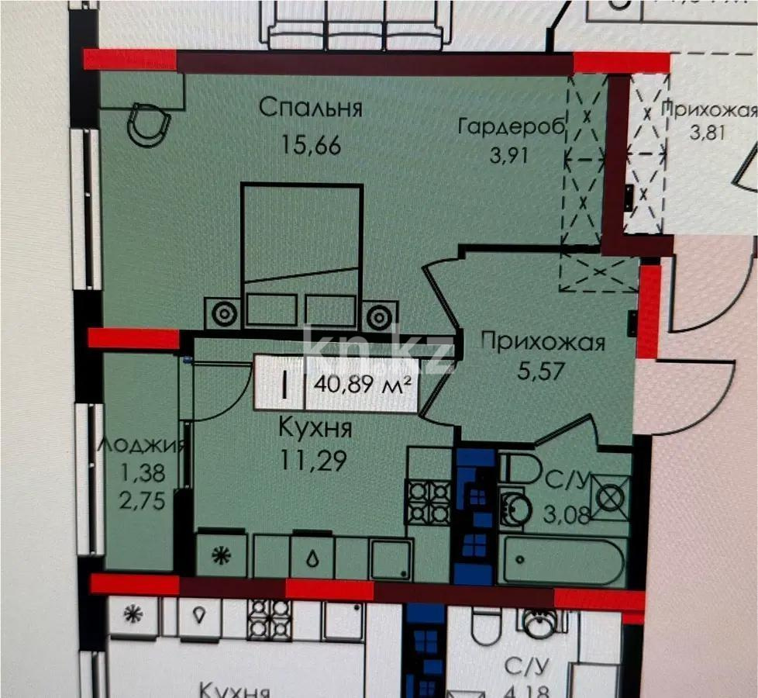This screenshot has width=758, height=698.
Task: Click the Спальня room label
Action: (310, 107)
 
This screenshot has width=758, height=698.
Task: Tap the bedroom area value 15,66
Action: (310, 145)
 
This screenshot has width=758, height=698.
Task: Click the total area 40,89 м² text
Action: (363, 384)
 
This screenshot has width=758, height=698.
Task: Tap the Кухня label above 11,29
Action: (316, 428)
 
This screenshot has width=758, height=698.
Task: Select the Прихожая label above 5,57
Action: (543, 341)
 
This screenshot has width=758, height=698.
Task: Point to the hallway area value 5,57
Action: (542, 370)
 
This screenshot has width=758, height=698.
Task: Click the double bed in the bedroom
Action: (301, 248)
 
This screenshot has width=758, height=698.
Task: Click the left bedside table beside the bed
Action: (224, 314)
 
